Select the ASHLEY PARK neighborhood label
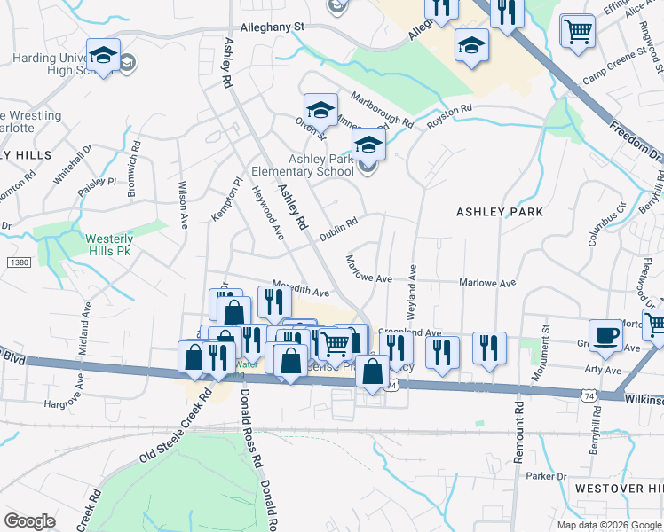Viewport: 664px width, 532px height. (499, 212)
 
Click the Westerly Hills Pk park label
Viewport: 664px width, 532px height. (109, 245)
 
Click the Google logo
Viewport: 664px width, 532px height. (29, 520)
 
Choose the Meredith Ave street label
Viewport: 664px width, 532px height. (301, 290)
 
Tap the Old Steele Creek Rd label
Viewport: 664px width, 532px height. (174, 426)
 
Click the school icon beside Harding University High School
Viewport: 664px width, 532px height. (103, 55)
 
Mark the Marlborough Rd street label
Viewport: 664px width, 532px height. (382, 109)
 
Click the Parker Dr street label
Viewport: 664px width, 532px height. (545, 476)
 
